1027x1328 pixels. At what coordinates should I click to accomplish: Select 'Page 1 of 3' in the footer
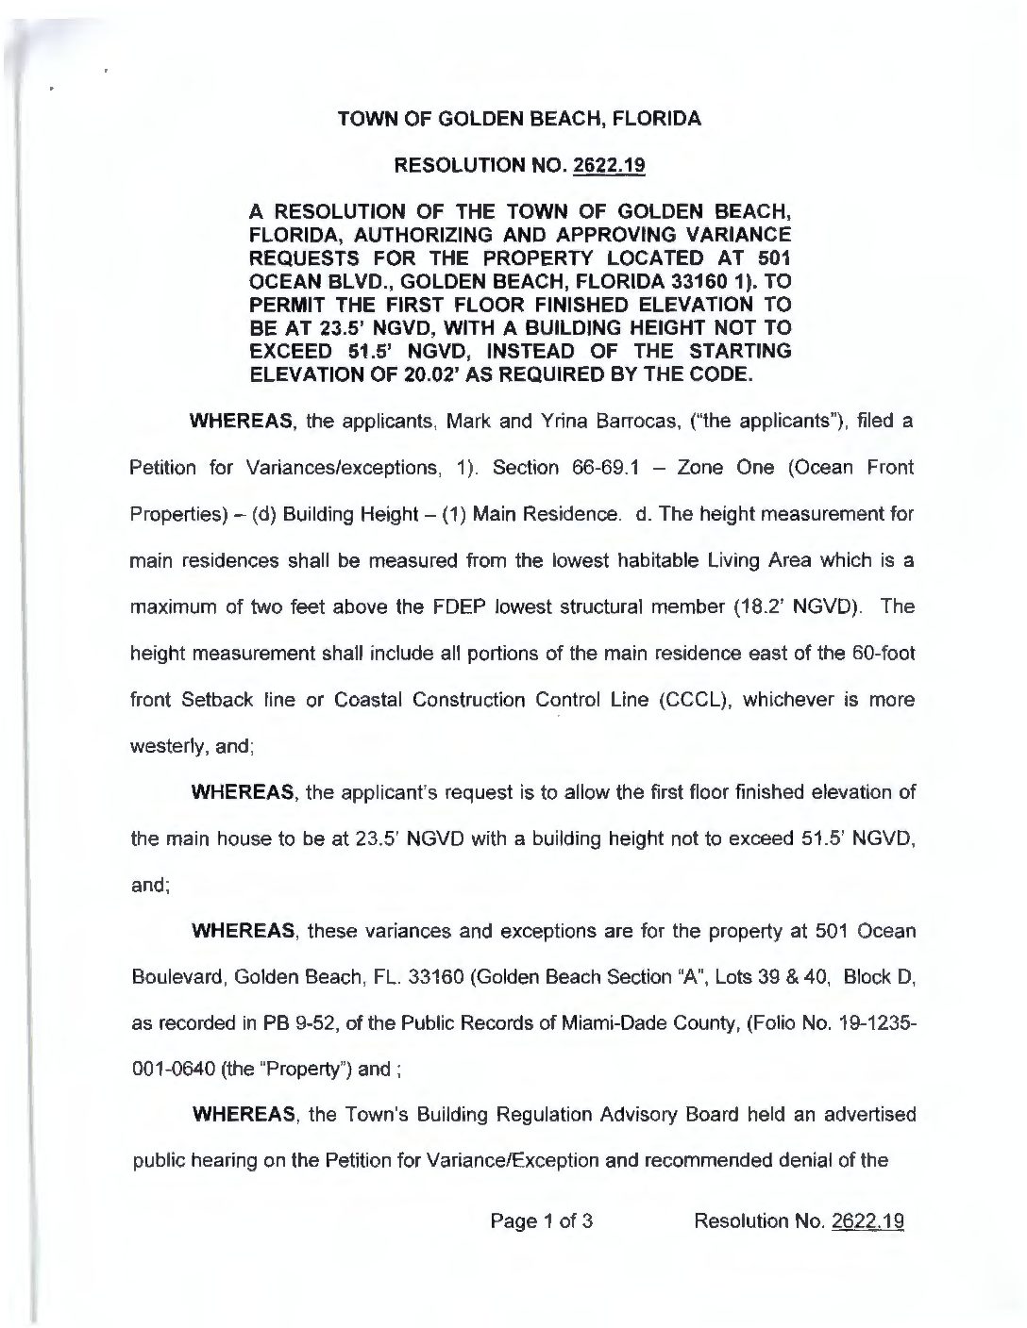(540, 1222)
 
